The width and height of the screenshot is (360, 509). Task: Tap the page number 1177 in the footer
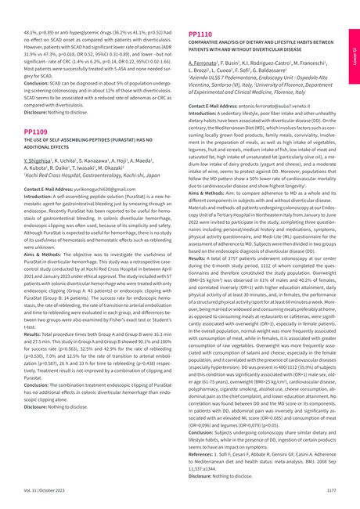click(x=330, y=490)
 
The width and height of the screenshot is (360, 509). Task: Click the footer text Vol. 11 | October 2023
click(x=42, y=490)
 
